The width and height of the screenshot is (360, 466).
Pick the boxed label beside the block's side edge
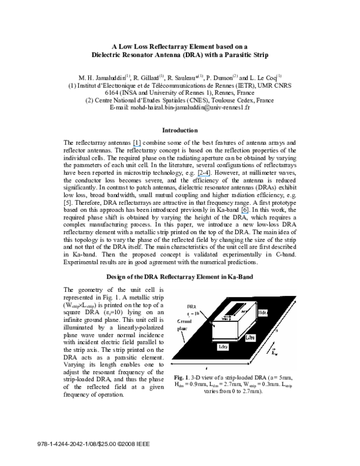tap(253, 339)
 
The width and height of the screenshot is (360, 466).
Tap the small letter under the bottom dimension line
tap(206, 368)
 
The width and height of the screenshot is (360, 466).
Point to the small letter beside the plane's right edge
tap(277, 331)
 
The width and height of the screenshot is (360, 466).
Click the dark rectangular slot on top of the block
tap(235, 309)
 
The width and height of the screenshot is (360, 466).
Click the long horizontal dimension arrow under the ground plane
tap(210, 364)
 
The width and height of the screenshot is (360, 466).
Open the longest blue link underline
tap(203, 177)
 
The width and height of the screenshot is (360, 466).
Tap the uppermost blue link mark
tap(137, 146)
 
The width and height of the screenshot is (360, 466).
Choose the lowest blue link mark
tap(244, 213)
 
